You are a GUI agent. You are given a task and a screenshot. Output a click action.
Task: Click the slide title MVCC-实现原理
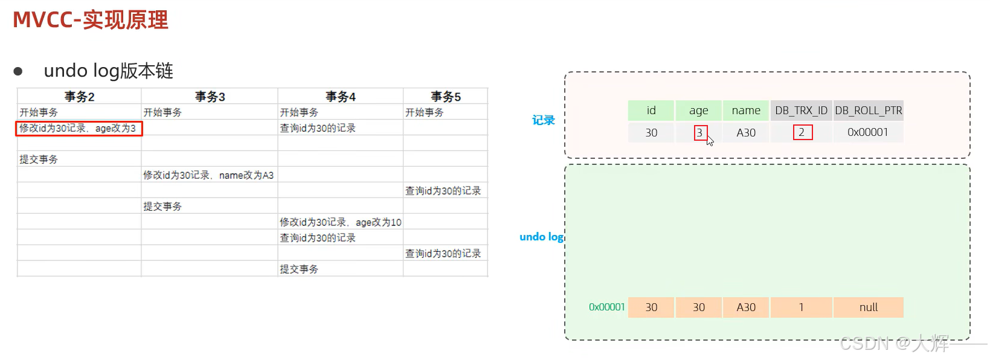pyautogui.click(x=91, y=20)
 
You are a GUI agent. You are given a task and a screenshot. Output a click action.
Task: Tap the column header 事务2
pyautogui.click(x=79, y=97)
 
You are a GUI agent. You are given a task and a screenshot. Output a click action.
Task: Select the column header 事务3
pyautogui.click(x=210, y=97)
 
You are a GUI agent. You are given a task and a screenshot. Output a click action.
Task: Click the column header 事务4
pyautogui.click(x=340, y=97)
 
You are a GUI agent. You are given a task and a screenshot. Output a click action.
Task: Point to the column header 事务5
pyautogui.click(x=445, y=97)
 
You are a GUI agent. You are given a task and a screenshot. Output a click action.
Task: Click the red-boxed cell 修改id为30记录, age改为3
pyautogui.click(x=79, y=128)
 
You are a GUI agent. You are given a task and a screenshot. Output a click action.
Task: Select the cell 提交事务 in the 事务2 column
pyautogui.click(x=39, y=159)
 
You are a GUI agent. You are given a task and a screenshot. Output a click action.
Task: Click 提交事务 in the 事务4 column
pyautogui.click(x=299, y=269)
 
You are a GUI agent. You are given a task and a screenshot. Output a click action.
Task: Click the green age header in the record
pyautogui.click(x=698, y=111)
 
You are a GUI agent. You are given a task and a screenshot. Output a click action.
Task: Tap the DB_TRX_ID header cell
pyautogui.click(x=801, y=111)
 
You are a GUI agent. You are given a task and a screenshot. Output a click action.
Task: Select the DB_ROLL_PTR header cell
pyautogui.click(x=868, y=111)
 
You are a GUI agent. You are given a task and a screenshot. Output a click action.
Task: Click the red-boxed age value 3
pyautogui.click(x=699, y=132)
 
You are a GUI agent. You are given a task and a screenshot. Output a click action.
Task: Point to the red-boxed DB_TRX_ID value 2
pyautogui.click(x=802, y=132)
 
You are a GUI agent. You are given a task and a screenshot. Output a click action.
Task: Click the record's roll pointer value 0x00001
pyautogui.click(x=867, y=132)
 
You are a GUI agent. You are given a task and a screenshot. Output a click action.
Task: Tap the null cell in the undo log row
pyautogui.click(x=868, y=307)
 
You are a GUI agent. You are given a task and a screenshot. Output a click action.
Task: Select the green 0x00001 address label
pyautogui.click(x=606, y=307)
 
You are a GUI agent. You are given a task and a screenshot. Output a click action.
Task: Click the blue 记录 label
pyautogui.click(x=543, y=120)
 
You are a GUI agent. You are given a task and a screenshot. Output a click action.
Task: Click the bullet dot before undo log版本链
pyautogui.click(x=18, y=71)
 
